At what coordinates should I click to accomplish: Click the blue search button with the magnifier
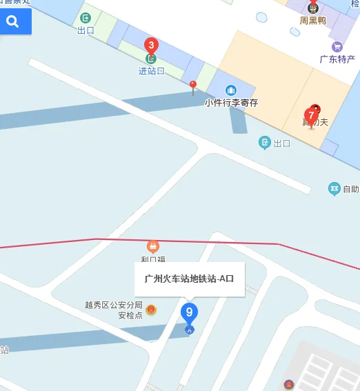point(13,22)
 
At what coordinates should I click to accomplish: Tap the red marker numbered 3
point(150,46)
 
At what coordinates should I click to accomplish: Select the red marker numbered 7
point(311,116)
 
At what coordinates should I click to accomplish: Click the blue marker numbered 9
point(189,313)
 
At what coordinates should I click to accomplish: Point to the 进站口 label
point(151,71)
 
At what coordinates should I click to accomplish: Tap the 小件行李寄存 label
point(231,103)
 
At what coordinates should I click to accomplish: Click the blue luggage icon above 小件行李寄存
point(231,90)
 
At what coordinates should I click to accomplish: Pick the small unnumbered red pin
point(193,86)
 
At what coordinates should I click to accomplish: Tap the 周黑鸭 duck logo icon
point(312,8)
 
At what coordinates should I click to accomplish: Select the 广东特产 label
point(337,59)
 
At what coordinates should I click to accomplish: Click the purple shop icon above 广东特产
point(337,47)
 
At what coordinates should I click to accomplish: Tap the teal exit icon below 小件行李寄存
point(264,143)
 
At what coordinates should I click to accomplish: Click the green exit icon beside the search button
point(86,18)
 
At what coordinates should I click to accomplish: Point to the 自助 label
point(350,188)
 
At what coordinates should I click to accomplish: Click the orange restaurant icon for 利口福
point(152,246)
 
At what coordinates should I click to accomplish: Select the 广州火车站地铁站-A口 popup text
point(189,279)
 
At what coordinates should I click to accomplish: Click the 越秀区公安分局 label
point(113,305)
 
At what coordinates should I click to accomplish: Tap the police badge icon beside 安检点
point(151,310)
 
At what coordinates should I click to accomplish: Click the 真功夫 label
point(315,123)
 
